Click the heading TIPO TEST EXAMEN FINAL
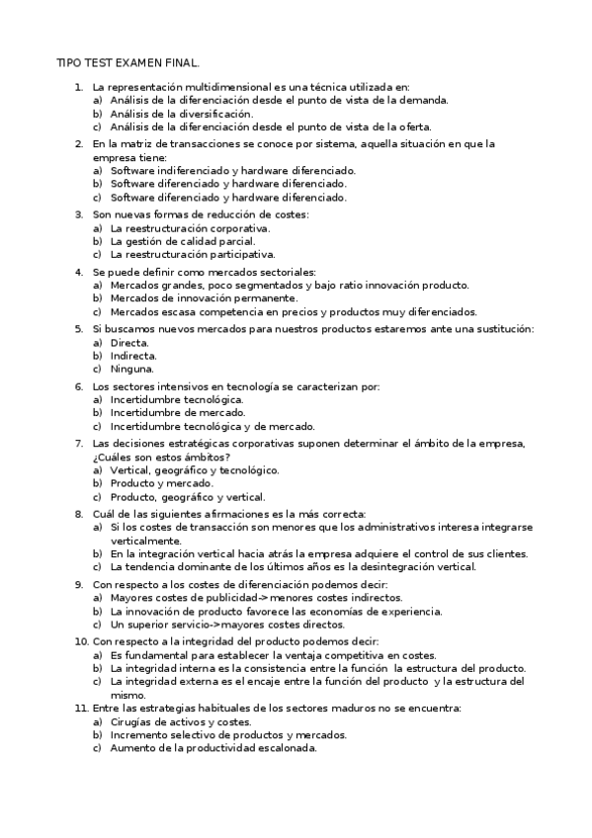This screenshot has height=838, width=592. click(x=127, y=62)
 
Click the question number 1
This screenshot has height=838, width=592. click(x=78, y=88)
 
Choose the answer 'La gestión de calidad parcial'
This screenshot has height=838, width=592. click(x=182, y=240)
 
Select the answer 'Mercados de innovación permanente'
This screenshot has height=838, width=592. click(x=204, y=297)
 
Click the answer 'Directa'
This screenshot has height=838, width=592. click(x=129, y=342)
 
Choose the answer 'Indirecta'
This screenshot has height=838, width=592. click(x=133, y=355)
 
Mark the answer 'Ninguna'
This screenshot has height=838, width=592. click(x=131, y=369)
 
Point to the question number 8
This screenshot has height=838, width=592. click(x=78, y=514)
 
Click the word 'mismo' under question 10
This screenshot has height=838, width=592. click(x=127, y=695)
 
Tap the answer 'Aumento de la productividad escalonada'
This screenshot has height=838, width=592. click(x=212, y=748)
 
